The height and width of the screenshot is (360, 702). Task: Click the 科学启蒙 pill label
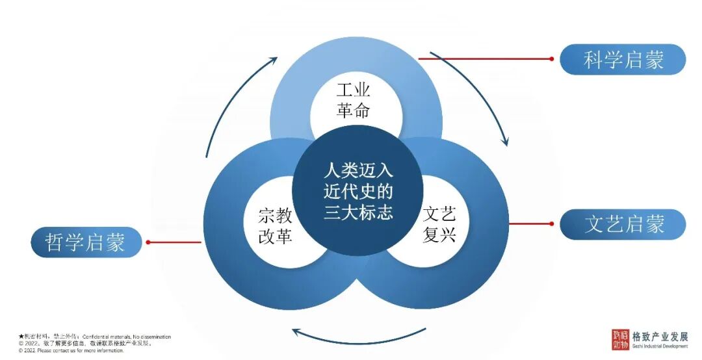coord(623,60)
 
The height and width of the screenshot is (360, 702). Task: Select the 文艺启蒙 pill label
coord(623,225)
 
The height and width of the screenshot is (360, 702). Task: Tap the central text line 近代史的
coord(358,192)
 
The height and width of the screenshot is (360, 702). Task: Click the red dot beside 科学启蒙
coord(551,58)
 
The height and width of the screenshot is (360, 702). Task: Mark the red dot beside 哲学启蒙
coord(148,242)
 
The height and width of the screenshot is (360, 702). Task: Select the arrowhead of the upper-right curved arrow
coord(505,141)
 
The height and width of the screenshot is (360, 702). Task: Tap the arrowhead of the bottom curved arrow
coord(296,332)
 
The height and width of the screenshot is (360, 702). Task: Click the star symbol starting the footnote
coord(21,337)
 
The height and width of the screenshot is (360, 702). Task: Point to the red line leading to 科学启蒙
coord(484,58)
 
